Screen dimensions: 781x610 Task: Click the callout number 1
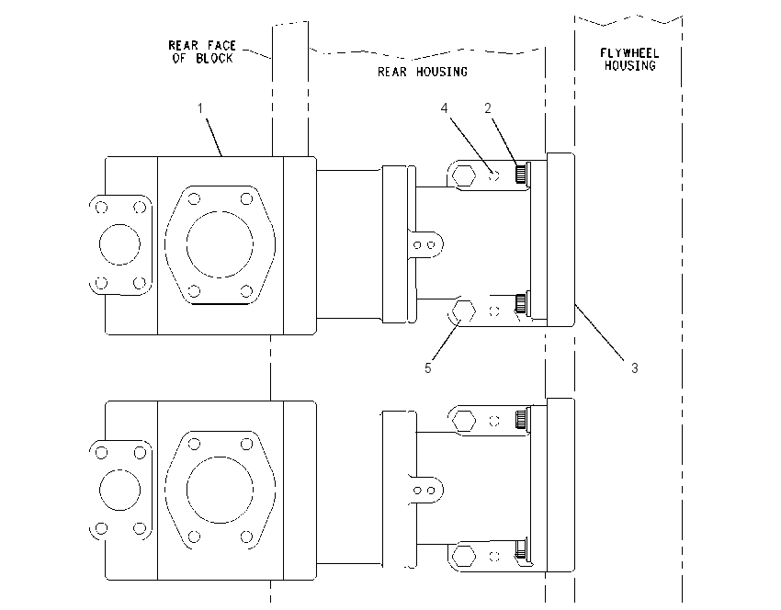[x=200, y=108]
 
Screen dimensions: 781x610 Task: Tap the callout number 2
[x=488, y=108]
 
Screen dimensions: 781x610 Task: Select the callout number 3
[x=635, y=368]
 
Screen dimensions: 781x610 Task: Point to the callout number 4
[x=445, y=108]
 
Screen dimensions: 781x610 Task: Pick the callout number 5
[x=428, y=368]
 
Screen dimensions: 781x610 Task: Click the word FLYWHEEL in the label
[x=629, y=52]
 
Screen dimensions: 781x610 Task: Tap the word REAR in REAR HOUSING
[x=392, y=73]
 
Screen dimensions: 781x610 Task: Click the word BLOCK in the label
[x=214, y=59]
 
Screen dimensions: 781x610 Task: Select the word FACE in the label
[x=221, y=46]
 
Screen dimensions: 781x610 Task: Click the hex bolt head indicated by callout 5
[x=463, y=311]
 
